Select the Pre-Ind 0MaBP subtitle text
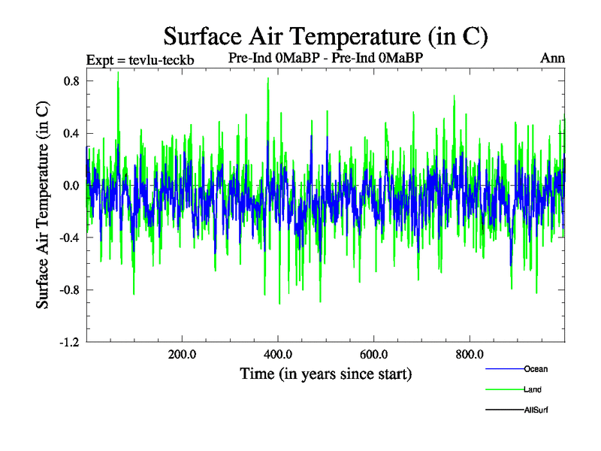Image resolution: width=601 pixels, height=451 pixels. (x=329, y=58)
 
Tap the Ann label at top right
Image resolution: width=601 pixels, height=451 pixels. (x=552, y=58)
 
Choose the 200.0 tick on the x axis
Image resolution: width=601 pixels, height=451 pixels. (x=182, y=355)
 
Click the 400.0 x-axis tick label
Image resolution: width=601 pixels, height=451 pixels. (x=278, y=355)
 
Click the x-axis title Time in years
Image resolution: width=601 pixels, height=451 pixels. (x=326, y=374)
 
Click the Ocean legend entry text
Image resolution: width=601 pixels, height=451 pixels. (x=536, y=368)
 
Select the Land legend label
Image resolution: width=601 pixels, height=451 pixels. (x=533, y=389)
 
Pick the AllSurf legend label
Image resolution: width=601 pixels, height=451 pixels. (x=536, y=410)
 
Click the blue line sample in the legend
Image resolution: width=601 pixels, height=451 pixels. (x=504, y=369)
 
